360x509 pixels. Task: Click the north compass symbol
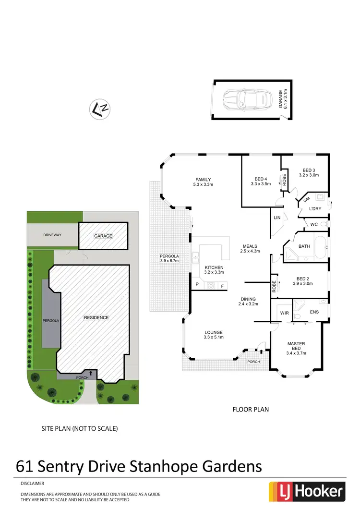(100, 109)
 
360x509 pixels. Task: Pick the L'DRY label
(315, 208)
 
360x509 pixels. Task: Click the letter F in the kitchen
(222, 286)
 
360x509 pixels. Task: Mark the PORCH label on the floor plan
(253, 362)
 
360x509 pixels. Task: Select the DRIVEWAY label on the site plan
(51, 235)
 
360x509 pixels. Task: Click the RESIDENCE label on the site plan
(96, 317)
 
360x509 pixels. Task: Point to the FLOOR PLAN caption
(251, 410)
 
